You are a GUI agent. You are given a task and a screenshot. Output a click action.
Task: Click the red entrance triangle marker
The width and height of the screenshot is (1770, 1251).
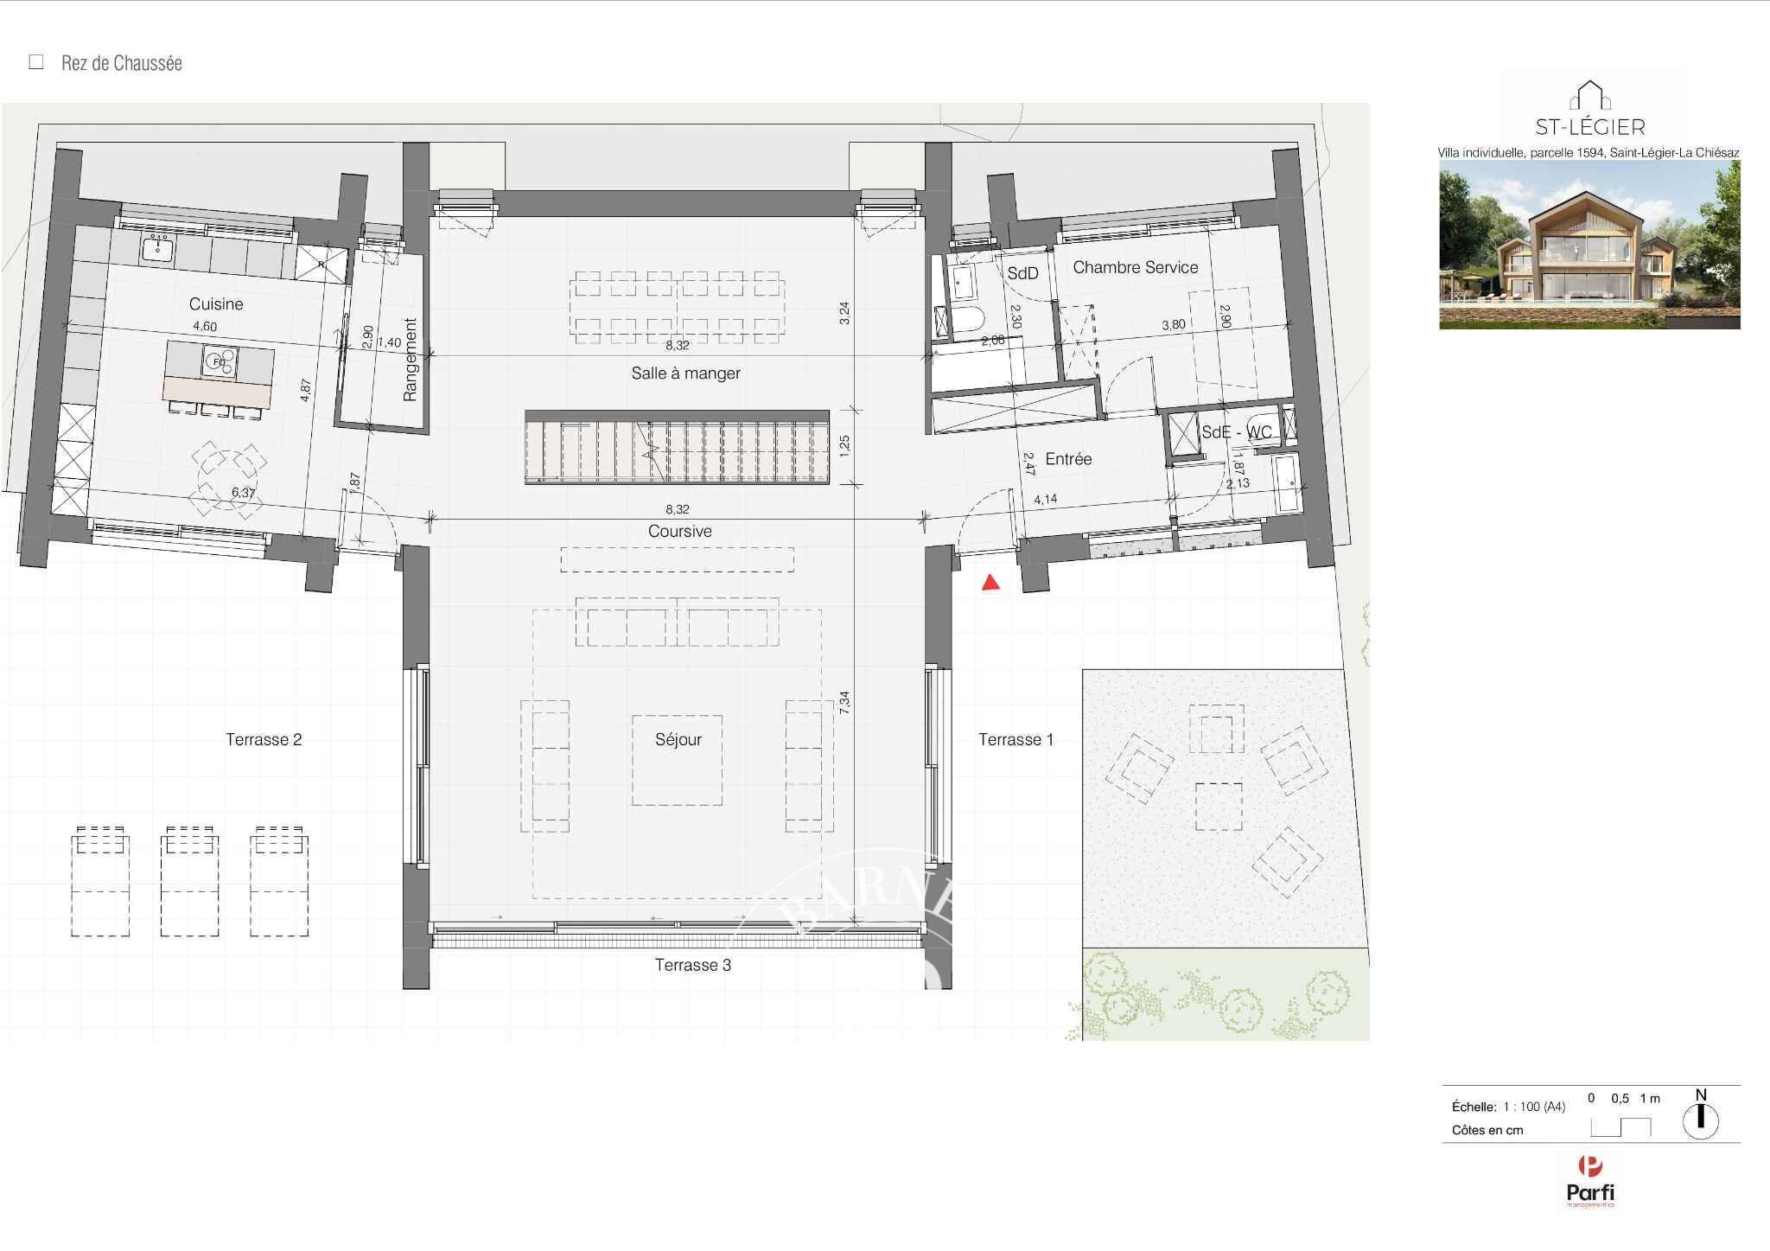point(991,584)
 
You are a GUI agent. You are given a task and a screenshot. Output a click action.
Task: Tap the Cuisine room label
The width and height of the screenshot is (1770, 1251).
point(216,304)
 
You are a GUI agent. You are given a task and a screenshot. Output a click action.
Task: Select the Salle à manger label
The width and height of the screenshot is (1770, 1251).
point(685,373)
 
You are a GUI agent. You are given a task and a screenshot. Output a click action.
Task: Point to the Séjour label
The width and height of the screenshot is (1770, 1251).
point(678,740)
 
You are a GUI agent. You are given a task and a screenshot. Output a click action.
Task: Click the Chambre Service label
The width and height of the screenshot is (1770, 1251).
point(1136,268)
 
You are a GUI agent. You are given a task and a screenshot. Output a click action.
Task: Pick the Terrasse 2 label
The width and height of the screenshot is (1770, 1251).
point(264,740)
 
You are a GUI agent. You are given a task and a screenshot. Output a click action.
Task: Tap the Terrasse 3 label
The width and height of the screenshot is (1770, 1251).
point(692,966)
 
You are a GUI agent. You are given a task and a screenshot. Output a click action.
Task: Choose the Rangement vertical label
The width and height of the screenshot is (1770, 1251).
point(410,360)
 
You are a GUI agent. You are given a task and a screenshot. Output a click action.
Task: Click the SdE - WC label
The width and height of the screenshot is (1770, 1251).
point(1237,432)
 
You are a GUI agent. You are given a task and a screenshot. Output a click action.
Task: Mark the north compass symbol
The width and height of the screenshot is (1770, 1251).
point(1701,1120)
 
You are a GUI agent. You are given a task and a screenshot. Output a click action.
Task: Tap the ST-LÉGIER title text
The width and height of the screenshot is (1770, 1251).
point(1589,128)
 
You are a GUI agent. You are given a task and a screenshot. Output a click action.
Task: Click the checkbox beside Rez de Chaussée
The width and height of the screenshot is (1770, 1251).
point(36,62)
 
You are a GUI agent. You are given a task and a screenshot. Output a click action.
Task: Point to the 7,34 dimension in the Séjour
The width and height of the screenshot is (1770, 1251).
point(845,700)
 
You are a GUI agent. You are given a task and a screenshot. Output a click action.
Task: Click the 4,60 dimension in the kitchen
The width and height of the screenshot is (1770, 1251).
point(205,327)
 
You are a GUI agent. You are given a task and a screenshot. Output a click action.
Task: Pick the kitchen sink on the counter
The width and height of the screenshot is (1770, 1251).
point(158,247)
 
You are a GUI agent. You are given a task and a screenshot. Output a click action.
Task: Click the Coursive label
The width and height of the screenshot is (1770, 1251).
point(680,532)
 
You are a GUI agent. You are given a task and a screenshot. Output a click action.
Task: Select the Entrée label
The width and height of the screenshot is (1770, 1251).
point(1068,459)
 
